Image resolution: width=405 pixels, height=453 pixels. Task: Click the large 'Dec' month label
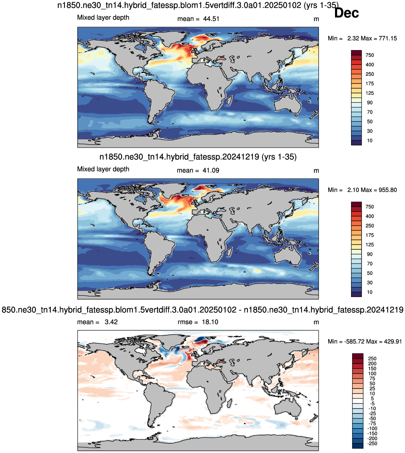tap(346, 13)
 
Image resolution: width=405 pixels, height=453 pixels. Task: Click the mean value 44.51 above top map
tap(211, 19)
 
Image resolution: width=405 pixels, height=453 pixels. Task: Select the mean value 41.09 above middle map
tap(211, 171)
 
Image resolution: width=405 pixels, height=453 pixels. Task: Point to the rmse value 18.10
tap(210, 322)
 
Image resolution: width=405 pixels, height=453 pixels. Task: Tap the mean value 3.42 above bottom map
tap(111, 322)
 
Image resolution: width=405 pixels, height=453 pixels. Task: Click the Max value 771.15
tap(388, 39)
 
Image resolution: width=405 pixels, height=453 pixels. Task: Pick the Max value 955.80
tap(388, 190)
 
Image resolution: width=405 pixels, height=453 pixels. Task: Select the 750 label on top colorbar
tap(370, 55)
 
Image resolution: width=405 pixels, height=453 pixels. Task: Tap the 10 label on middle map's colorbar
tap(370, 292)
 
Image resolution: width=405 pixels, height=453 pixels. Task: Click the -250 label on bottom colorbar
tap(372, 444)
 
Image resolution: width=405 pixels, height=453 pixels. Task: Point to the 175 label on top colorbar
tap(370, 83)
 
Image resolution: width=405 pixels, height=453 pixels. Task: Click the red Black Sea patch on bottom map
tap(222, 361)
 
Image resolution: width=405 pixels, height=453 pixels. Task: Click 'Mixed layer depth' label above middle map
tap(103, 169)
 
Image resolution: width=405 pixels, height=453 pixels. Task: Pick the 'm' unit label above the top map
tap(316, 19)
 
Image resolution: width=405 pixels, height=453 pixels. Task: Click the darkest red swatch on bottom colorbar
tap(358, 356)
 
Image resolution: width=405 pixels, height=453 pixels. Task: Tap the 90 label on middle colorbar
tap(370, 254)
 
